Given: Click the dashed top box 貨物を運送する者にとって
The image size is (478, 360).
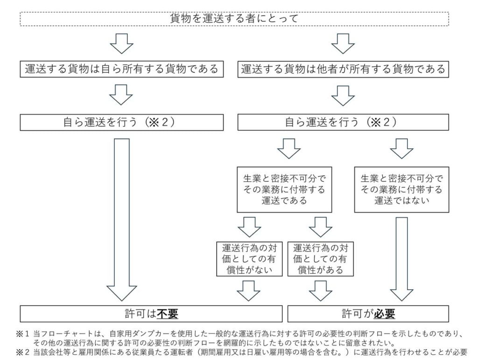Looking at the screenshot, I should pos(234,19).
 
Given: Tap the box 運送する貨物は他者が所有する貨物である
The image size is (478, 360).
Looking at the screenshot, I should pos(344,69).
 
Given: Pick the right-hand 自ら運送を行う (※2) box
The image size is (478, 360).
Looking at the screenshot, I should pos(344,122).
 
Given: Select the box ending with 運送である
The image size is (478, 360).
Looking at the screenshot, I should pos(285,190).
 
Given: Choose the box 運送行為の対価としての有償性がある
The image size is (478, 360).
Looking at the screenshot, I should pos(320,258).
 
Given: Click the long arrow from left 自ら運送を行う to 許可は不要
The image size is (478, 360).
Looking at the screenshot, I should pos(121,219).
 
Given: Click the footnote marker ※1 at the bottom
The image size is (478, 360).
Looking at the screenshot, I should pos(24,333).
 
